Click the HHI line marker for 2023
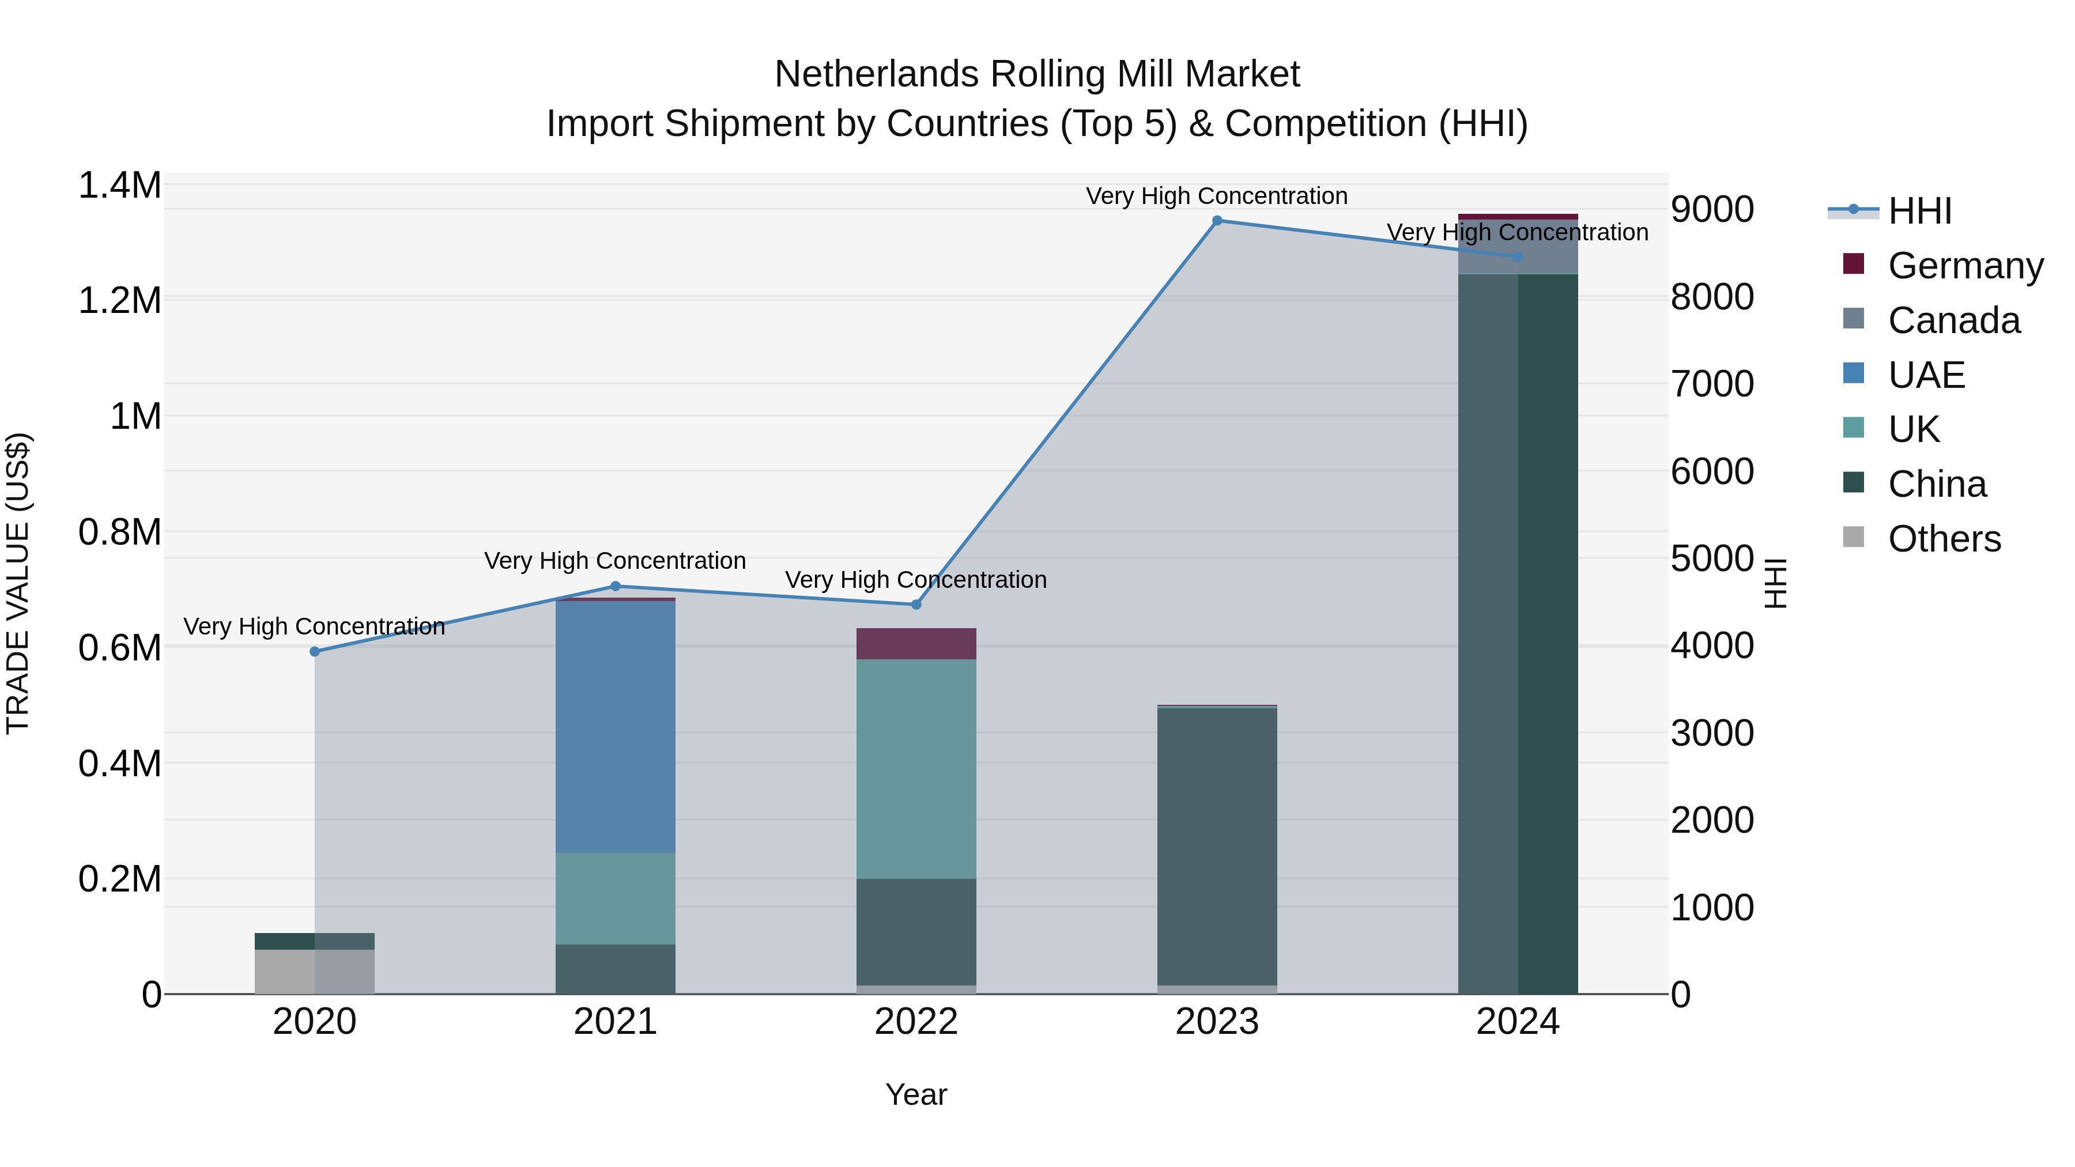coord(1217,221)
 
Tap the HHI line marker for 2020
coord(315,652)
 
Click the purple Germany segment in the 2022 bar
coord(916,644)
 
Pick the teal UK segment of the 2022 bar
coord(916,769)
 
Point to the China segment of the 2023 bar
coord(1217,845)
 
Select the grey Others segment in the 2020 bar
coord(315,972)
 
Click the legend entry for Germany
coord(1965,266)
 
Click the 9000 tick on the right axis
coord(1712,209)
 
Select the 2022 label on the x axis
coord(916,1022)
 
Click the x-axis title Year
coord(916,1094)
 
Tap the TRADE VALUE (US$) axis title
coord(18,583)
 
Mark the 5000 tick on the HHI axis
coord(1712,558)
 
